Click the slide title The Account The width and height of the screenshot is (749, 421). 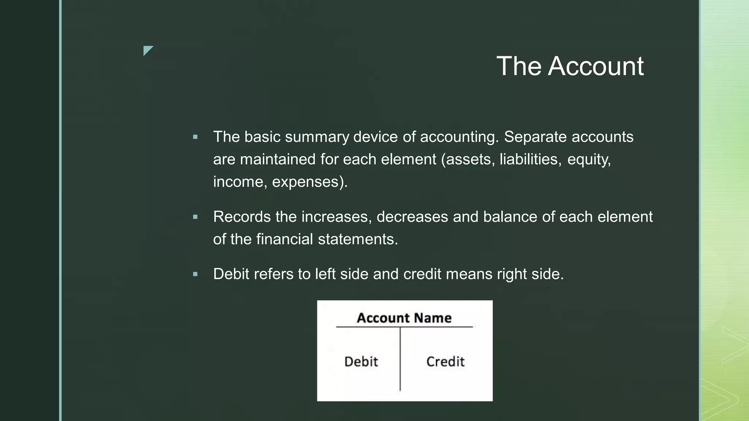(x=570, y=66)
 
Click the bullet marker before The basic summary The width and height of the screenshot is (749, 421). (x=195, y=137)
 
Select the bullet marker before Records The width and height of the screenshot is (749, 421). (x=195, y=217)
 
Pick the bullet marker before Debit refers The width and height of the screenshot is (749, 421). (x=195, y=274)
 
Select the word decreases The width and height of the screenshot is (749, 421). (x=412, y=217)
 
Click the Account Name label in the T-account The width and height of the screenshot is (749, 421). (x=404, y=318)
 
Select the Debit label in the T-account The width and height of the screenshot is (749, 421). (x=361, y=362)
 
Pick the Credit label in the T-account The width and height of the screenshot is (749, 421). (x=445, y=362)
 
